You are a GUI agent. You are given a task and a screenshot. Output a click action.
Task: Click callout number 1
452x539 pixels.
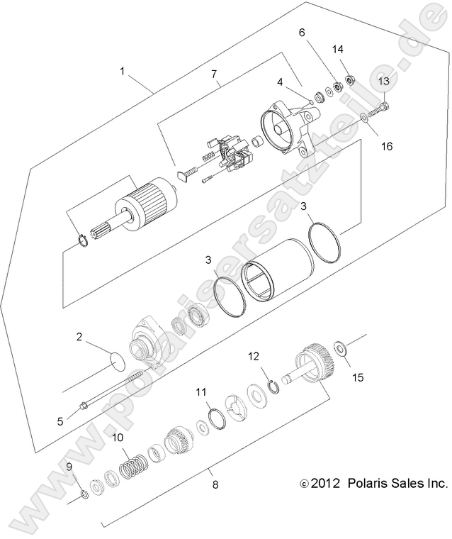[x=123, y=72]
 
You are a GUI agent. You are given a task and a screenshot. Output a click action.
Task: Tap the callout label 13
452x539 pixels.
[x=383, y=82]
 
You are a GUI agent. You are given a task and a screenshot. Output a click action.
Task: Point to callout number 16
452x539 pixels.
[x=387, y=146]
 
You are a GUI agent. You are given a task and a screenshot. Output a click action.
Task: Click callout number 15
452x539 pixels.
[x=358, y=378]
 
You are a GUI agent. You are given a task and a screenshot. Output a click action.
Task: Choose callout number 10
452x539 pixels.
[x=118, y=437]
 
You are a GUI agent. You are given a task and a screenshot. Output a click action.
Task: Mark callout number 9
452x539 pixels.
[x=69, y=466]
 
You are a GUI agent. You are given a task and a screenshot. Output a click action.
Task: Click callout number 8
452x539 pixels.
[x=215, y=485]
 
